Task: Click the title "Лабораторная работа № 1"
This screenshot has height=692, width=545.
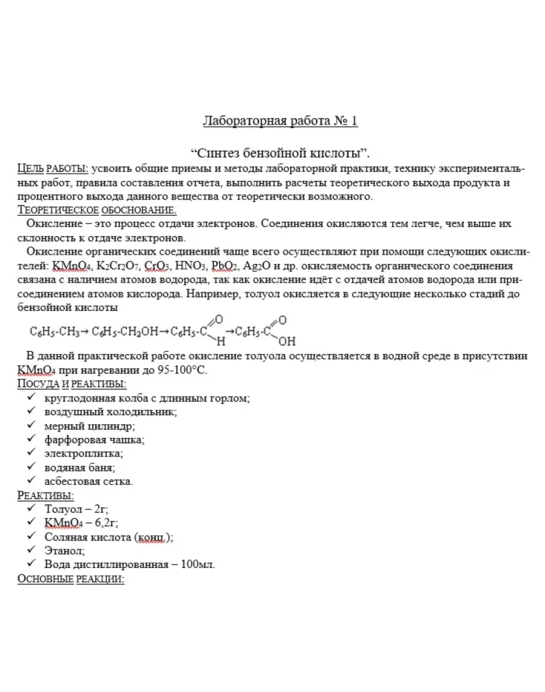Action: tap(280, 121)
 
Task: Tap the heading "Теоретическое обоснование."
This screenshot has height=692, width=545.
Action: tap(97, 210)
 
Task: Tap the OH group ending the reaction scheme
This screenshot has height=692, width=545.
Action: tap(287, 342)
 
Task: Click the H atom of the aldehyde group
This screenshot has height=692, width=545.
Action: tap(220, 342)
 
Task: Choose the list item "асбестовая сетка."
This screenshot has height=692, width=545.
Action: tap(89, 481)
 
